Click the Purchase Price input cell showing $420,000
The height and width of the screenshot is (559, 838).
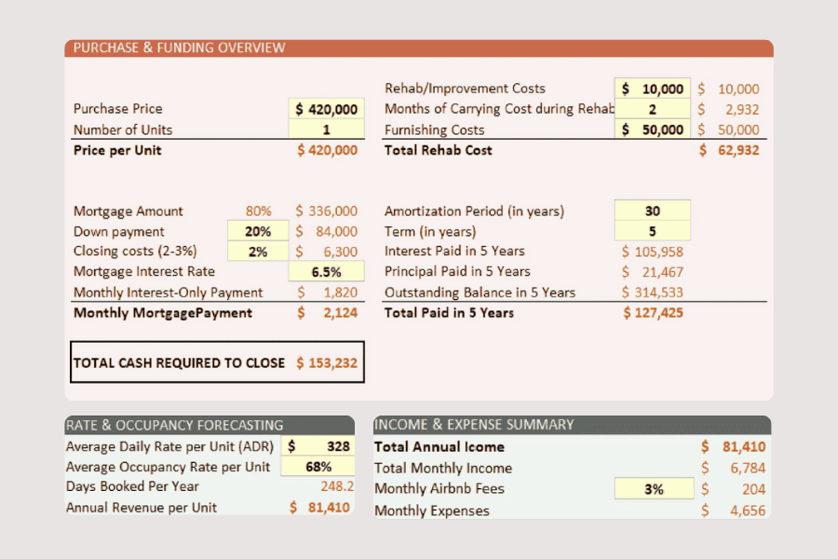[x=327, y=109]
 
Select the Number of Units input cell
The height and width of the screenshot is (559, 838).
[x=327, y=130]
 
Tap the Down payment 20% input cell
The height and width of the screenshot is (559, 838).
[x=258, y=231]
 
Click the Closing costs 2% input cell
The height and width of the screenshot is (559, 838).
[x=258, y=252]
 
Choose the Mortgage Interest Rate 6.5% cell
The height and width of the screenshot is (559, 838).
[x=327, y=272]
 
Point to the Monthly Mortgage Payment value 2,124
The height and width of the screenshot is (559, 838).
[x=328, y=313]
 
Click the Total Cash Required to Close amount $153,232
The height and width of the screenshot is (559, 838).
[x=327, y=363]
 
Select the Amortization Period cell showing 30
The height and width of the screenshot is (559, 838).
[x=653, y=211]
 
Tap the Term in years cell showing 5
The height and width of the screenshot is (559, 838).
[x=653, y=231]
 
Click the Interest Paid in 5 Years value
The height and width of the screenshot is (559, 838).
[x=653, y=252]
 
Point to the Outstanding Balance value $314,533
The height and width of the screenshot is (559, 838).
[x=653, y=292]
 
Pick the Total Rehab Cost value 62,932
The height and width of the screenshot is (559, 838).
[x=729, y=150]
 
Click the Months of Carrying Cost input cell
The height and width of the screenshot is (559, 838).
[x=653, y=109]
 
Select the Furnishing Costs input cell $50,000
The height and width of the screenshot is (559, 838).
[x=653, y=130]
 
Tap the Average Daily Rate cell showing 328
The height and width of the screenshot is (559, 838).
[x=318, y=446]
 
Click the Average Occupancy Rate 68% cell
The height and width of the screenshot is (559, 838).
[x=318, y=467]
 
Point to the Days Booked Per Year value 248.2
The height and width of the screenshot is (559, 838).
[x=337, y=486]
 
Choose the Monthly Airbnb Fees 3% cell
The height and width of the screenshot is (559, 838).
[x=655, y=488]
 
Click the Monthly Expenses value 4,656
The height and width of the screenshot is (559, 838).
[x=734, y=511]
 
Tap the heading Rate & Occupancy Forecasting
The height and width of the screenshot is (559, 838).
[x=175, y=425]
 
